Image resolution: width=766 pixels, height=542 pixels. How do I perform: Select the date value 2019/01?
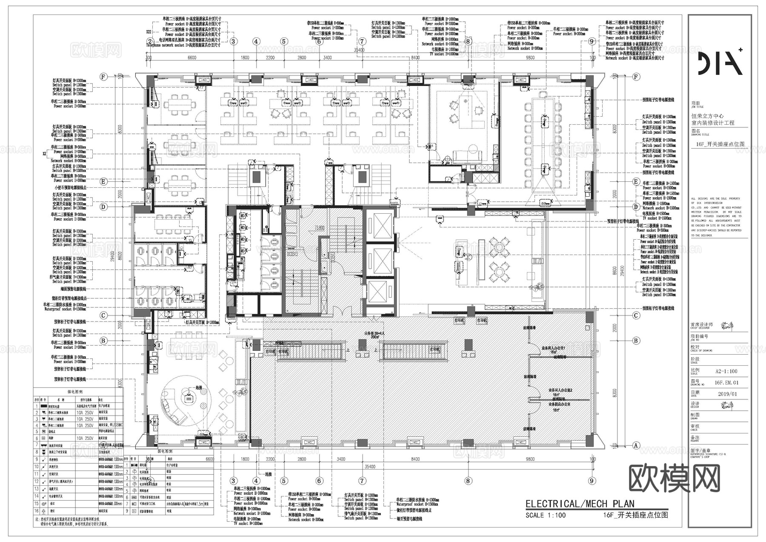coord(727,394)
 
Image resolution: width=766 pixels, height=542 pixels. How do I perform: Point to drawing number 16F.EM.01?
coord(727,383)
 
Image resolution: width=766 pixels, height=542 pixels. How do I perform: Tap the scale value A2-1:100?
coord(726,371)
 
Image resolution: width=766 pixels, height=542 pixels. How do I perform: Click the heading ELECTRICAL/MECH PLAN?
coord(580,504)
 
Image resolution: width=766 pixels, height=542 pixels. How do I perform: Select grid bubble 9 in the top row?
coord(591,41)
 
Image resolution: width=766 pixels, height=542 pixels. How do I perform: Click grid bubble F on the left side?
coord(103,77)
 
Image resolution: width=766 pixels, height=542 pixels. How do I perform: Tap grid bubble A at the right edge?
coord(636,445)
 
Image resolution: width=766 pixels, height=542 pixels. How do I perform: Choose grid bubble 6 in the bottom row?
coord(319,481)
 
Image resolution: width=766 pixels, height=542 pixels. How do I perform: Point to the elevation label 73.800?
coord(320,228)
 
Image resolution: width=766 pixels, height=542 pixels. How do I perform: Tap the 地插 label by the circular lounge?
coord(199,388)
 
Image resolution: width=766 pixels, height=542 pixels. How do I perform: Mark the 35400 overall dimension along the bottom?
coord(370,467)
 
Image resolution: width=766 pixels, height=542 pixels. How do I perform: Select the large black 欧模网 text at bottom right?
coord(674,478)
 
